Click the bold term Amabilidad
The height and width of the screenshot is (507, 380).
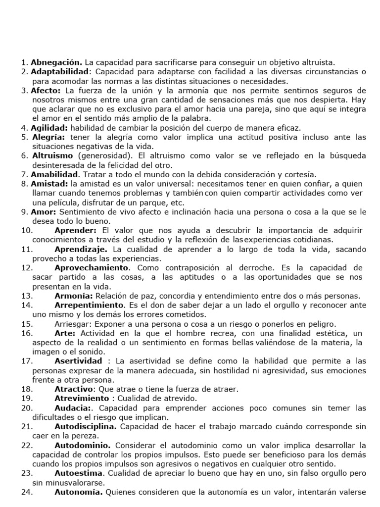click(x=54, y=174)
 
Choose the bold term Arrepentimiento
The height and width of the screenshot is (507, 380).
click(x=89, y=305)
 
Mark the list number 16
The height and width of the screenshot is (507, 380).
click(x=27, y=333)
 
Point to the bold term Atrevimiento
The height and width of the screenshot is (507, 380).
click(x=81, y=399)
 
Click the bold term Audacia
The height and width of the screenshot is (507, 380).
click(x=72, y=408)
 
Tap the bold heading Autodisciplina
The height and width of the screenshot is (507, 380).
click(x=86, y=426)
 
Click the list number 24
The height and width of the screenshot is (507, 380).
click(x=27, y=492)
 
